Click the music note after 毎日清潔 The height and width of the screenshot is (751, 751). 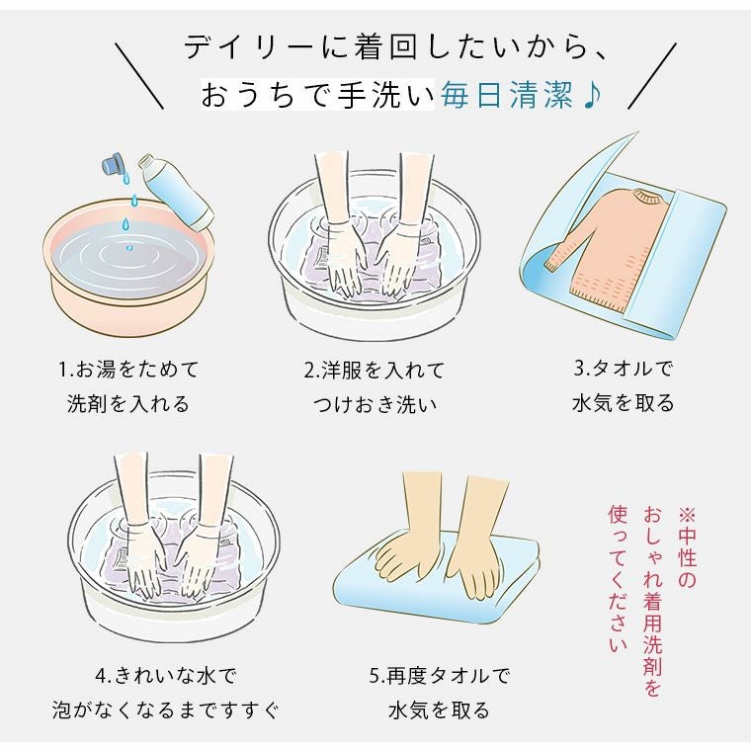593,95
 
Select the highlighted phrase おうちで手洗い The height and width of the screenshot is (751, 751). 317,95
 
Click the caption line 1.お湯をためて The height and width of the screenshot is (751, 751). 128,370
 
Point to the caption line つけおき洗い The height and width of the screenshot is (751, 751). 375,405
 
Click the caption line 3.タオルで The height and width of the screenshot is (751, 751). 624,368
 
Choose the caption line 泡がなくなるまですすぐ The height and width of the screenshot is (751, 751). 165,709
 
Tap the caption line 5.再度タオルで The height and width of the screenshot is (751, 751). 439,675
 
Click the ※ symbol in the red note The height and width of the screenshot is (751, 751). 686,515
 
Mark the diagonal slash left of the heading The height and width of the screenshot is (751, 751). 139,76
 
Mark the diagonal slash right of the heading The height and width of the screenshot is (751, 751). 652,76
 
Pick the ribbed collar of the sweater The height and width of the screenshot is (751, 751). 647,197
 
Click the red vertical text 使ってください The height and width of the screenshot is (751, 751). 618,578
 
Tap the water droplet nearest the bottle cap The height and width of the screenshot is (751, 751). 125,178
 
